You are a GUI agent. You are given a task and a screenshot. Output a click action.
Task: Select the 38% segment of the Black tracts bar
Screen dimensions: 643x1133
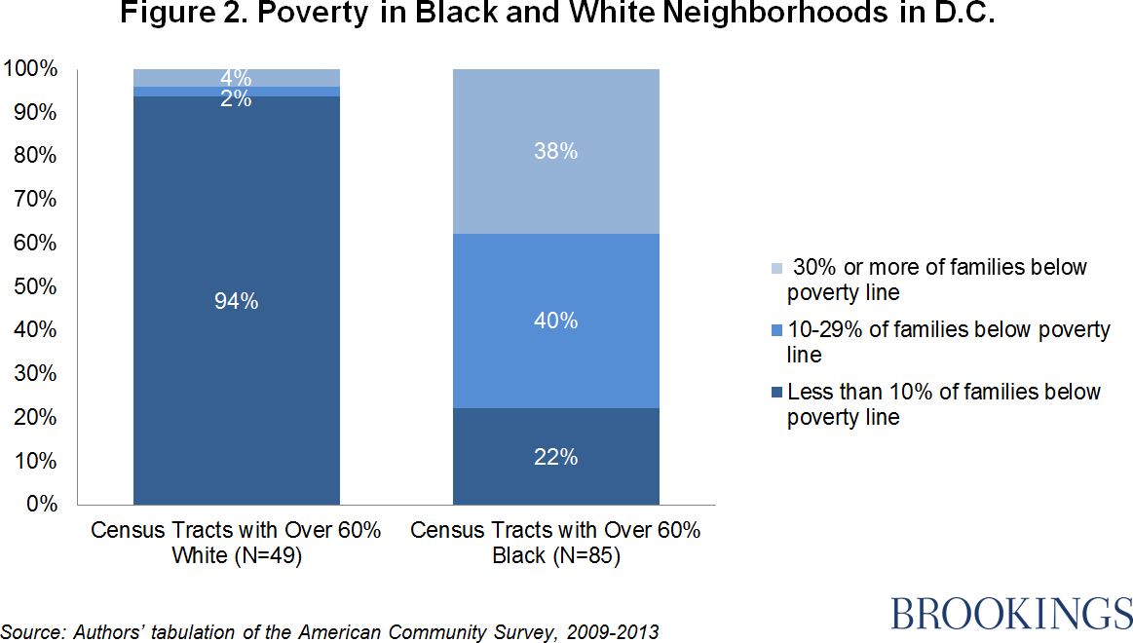[x=555, y=151]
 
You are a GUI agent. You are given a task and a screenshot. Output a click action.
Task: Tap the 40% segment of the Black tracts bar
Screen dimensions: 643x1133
[x=555, y=321]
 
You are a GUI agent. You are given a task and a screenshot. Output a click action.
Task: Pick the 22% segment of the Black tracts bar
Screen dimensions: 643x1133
[x=555, y=456]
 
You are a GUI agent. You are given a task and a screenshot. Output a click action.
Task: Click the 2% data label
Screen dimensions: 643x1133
[x=236, y=98]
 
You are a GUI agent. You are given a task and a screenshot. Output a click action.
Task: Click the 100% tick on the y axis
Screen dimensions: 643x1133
[x=31, y=69]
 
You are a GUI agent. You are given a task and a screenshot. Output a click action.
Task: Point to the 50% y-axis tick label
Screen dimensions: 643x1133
[x=35, y=286]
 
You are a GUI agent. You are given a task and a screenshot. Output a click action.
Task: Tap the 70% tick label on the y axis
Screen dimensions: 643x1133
[x=35, y=200]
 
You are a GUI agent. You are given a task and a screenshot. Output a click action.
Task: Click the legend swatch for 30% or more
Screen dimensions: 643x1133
[x=775, y=267]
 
